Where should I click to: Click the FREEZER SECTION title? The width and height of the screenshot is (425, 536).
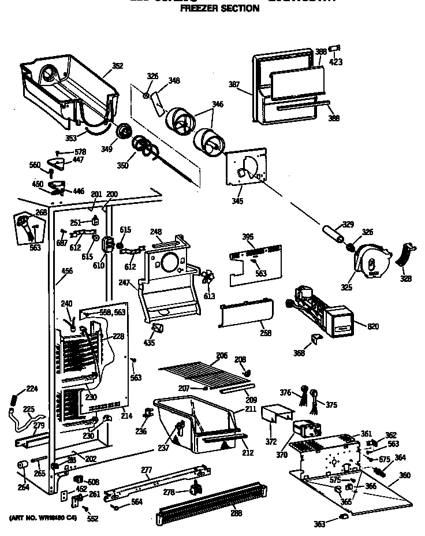click(x=220, y=9)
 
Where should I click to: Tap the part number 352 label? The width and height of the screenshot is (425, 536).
click(x=117, y=66)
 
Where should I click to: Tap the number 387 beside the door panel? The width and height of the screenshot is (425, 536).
click(x=234, y=85)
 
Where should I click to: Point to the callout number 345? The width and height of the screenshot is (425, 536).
click(x=237, y=201)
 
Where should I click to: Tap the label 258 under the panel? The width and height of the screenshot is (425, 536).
click(x=265, y=333)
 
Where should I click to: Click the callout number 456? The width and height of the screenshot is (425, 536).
click(x=67, y=270)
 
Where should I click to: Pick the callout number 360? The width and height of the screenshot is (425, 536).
click(x=405, y=475)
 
